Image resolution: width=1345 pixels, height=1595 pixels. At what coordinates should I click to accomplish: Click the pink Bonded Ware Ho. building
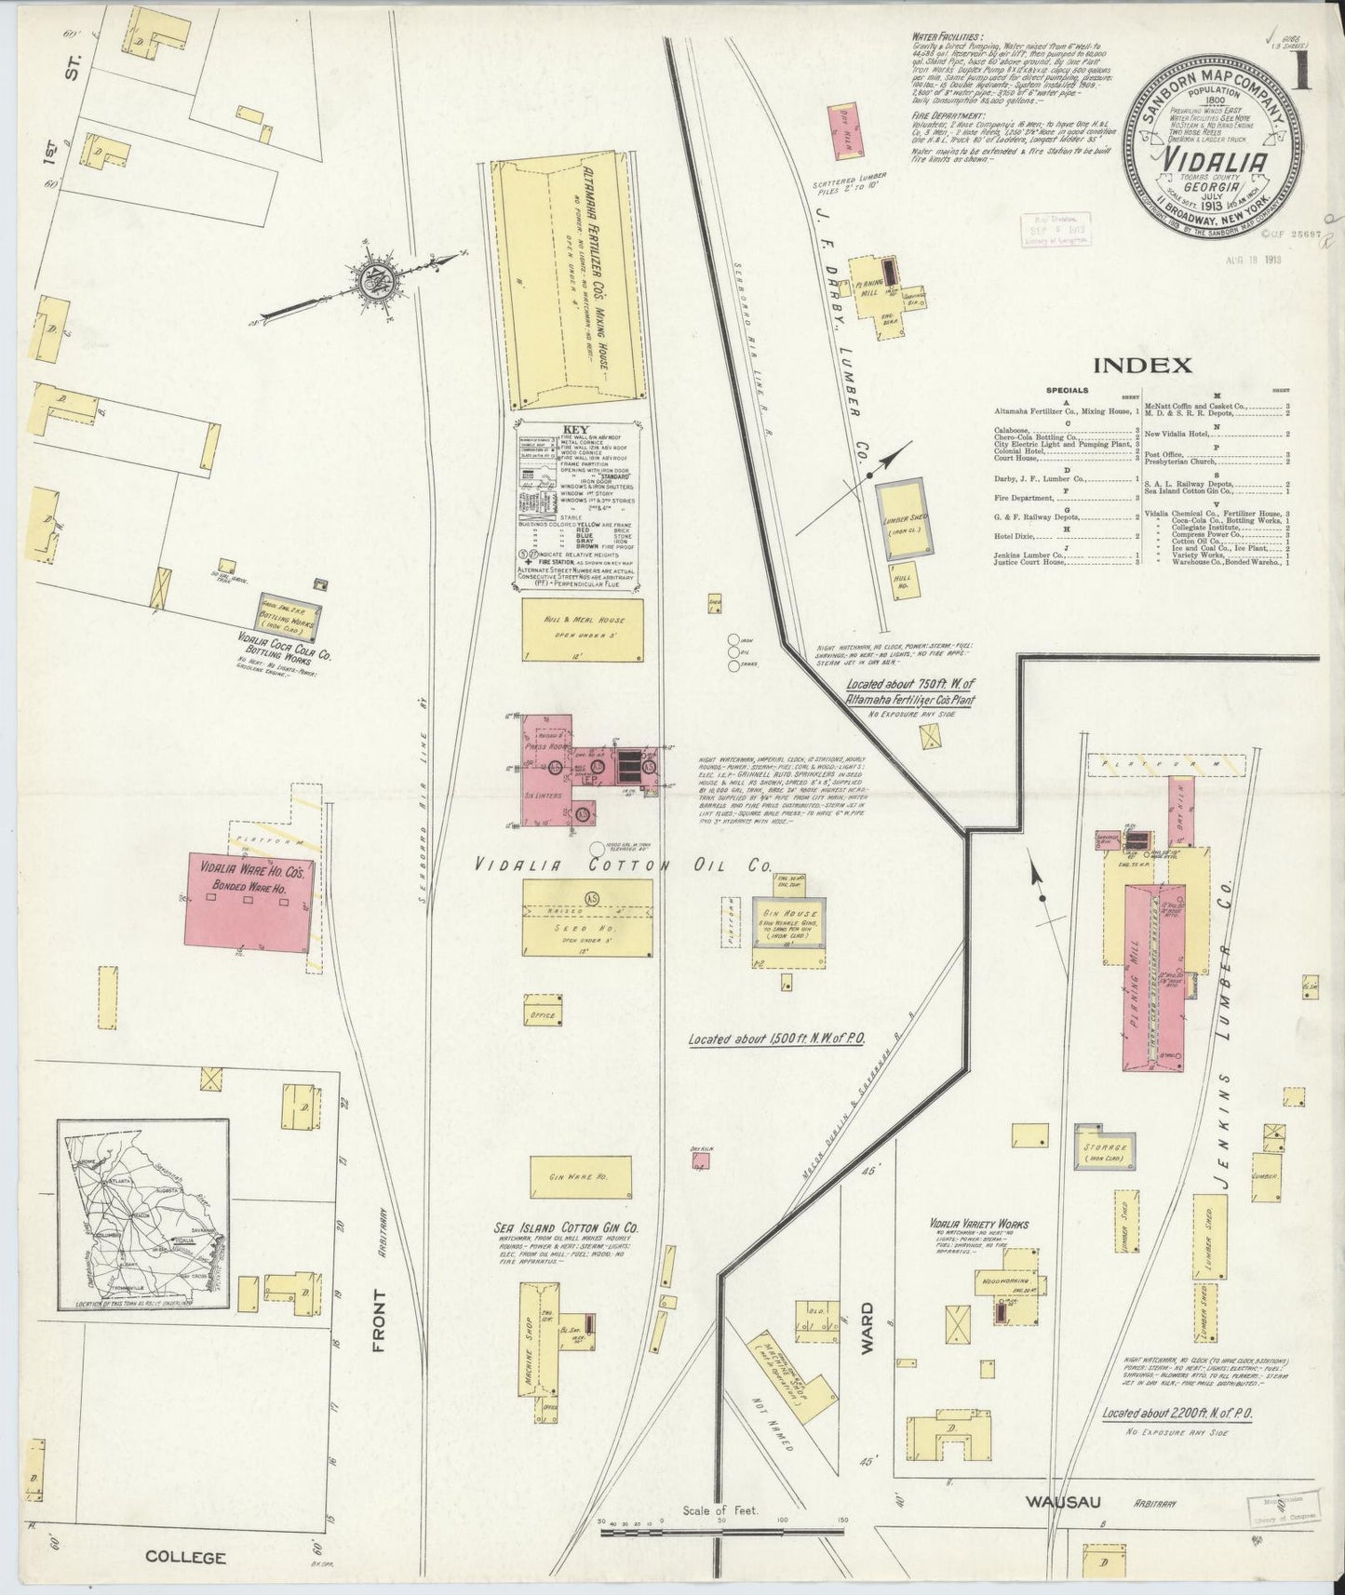(249, 903)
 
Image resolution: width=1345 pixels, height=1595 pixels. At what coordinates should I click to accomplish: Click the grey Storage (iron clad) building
(1105, 1150)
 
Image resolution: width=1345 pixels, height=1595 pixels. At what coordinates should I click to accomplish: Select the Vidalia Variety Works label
(979, 1225)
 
